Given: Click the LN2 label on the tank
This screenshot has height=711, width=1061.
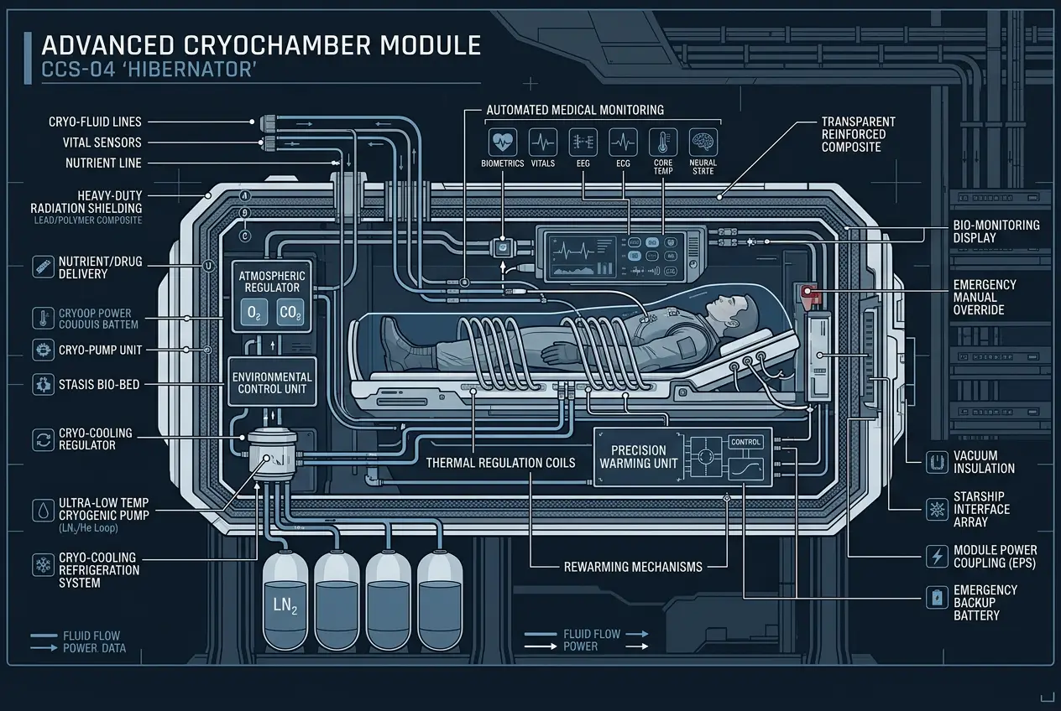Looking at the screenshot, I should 286,605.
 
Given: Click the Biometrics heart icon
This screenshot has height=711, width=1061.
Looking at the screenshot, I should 503,140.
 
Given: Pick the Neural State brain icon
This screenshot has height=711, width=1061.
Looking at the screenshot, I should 702,140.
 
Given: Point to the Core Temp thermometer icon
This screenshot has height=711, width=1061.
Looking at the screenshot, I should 662,140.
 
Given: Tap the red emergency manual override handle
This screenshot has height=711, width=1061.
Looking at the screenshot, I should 810,293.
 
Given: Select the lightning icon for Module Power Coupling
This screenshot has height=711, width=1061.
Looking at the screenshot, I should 935,556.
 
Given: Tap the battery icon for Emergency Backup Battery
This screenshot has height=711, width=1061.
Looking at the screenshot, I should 935,598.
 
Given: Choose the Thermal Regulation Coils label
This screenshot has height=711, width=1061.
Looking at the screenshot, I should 500,462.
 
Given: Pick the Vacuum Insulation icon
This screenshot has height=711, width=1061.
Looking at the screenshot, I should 935,462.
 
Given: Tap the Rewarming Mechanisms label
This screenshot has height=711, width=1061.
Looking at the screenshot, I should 632,567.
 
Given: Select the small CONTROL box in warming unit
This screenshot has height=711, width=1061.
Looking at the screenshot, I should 745,442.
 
